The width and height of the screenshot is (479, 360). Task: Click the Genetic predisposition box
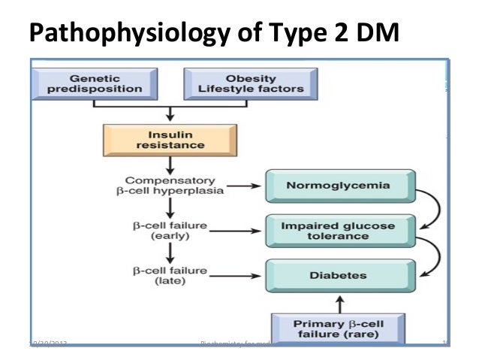(106, 83)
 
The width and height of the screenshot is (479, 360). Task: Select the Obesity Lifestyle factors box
(251, 83)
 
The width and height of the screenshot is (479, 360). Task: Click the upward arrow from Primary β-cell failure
(340, 302)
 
